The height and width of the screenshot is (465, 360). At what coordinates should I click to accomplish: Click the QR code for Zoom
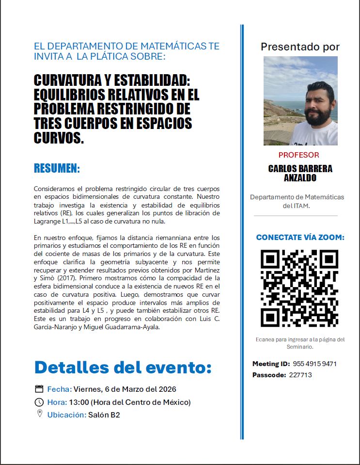click(299, 288)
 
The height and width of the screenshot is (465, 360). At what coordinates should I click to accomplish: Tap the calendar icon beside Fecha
click(40, 389)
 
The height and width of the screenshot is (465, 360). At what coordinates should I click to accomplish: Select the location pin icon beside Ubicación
click(40, 414)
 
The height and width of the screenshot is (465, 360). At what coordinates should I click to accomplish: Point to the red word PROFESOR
click(299, 155)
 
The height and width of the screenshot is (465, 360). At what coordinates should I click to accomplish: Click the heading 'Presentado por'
click(300, 47)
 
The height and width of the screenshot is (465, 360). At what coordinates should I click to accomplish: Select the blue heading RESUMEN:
click(57, 169)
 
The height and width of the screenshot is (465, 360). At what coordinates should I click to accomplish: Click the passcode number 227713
click(300, 375)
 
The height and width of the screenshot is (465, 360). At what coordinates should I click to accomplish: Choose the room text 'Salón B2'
click(104, 415)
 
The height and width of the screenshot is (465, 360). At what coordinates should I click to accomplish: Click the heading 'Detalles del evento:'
click(123, 367)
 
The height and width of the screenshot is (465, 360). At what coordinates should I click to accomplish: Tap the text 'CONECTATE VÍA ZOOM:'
click(300, 238)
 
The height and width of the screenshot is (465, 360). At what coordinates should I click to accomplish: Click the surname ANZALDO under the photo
click(300, 177)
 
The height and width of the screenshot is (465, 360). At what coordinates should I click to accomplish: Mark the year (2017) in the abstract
click(66, 278)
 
